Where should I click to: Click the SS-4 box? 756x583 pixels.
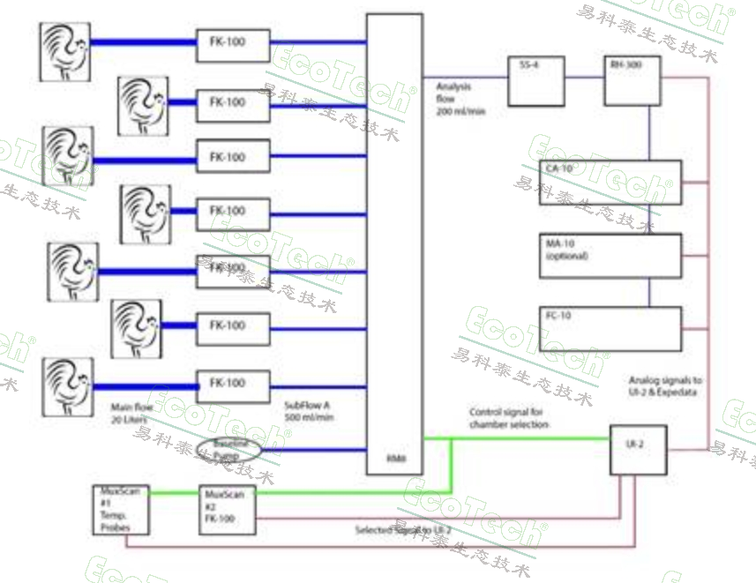point(535,81)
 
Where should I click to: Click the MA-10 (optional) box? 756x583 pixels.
point(610,256)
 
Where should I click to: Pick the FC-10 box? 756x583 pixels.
point(610,329)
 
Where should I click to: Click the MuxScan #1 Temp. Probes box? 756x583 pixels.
point(121,510)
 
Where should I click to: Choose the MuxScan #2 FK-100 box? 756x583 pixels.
point(228,510)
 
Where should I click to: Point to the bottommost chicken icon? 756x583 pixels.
point(68,385)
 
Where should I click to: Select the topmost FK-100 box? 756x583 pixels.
point(233,45)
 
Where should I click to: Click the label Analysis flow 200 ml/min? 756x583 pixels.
point(460,100)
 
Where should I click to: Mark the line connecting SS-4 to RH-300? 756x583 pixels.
point(583,78)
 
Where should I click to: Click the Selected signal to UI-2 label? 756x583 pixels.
point(402,530)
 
